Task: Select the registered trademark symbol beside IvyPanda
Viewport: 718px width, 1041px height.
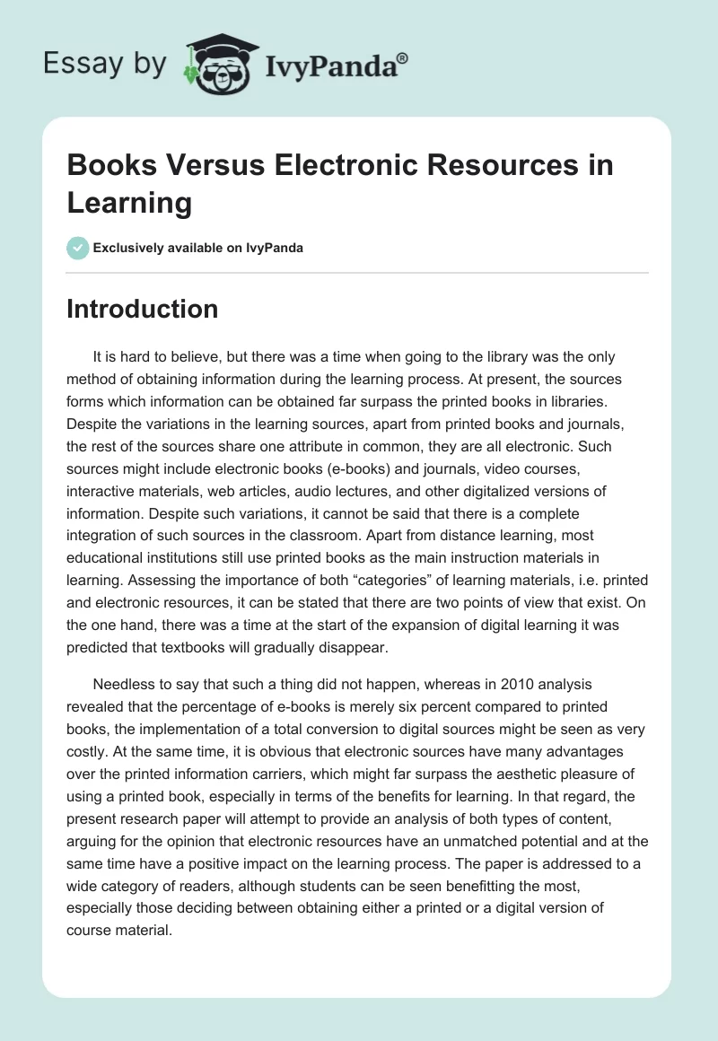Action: (403, 57)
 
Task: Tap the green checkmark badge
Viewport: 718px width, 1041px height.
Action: (78, 248)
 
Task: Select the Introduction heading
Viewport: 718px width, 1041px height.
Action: (143, 309)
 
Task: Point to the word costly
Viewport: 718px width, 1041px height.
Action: (89, 726)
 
